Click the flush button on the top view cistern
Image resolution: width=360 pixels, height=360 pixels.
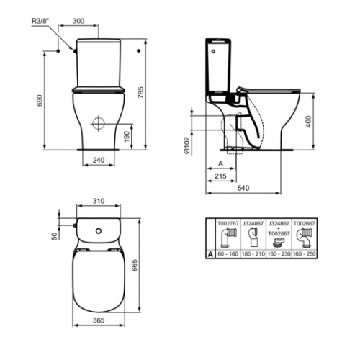(97, 231)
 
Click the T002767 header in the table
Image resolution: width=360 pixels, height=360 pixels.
(228, 223)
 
